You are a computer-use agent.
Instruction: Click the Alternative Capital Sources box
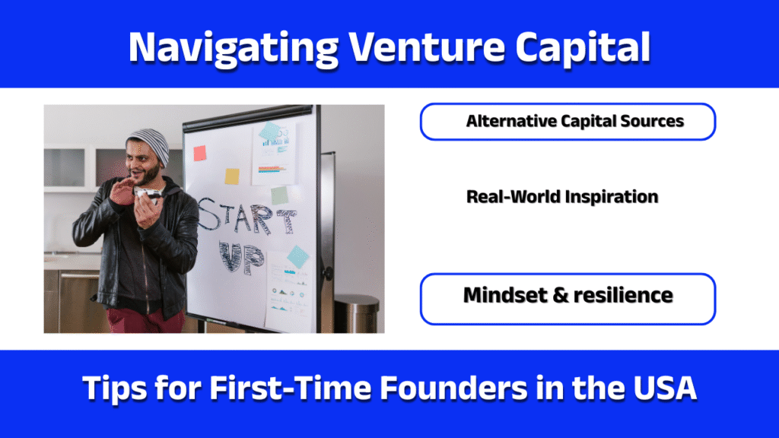(568, 122)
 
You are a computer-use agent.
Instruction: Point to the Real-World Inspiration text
(561, 196)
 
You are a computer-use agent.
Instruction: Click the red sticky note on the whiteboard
(200, 153)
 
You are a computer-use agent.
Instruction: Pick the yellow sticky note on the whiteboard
(232, 176)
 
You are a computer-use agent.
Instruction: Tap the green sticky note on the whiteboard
(280, 195)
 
